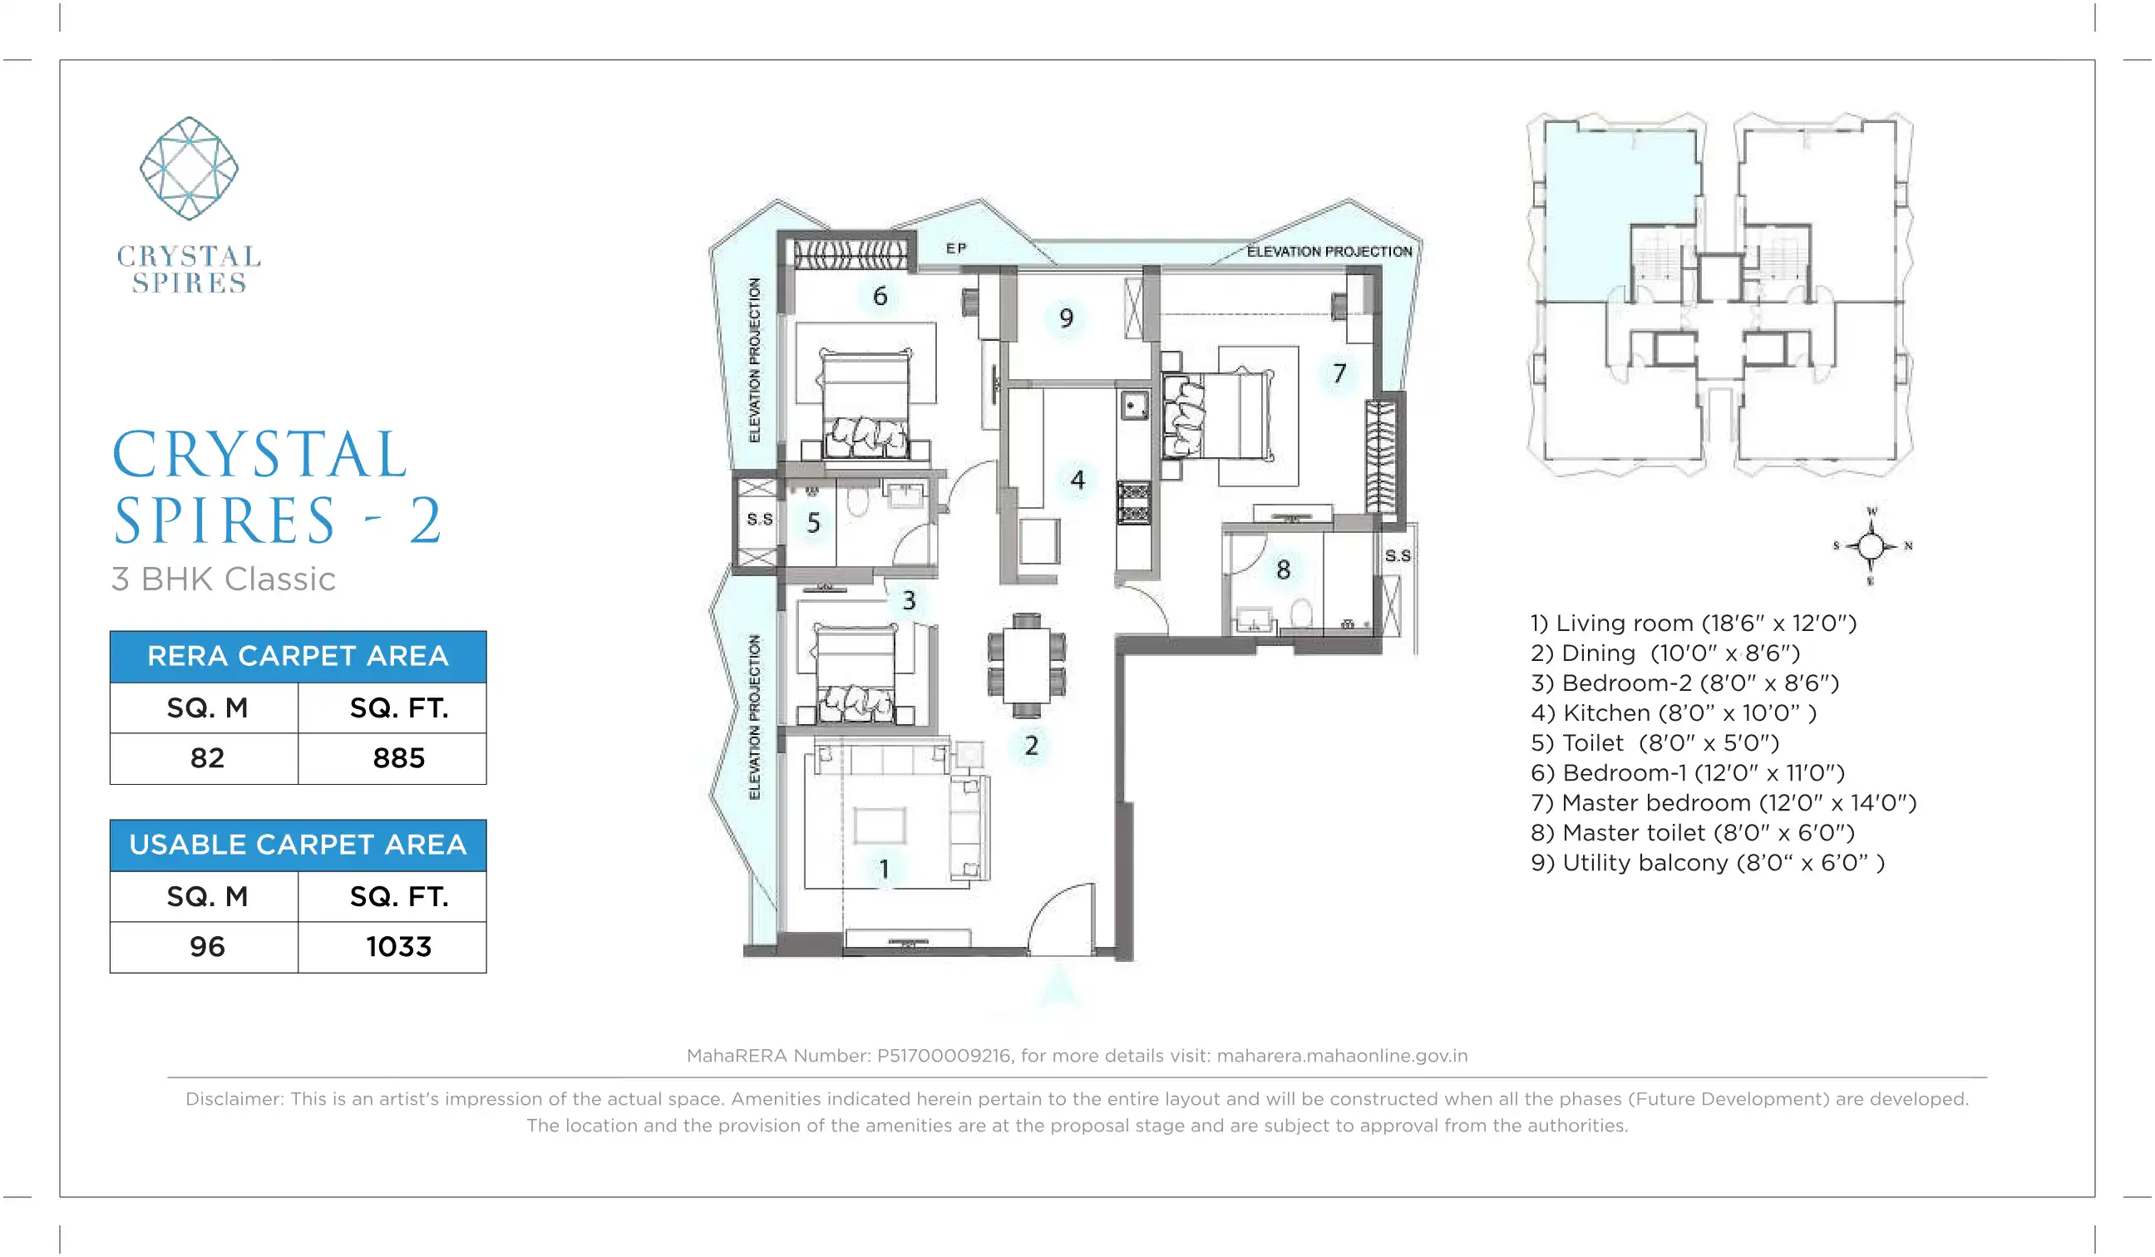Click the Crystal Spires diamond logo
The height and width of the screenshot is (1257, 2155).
click(189, 169)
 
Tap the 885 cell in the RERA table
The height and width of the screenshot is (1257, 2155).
click(398, 758)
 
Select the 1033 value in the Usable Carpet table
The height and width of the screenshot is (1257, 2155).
click(398, 947)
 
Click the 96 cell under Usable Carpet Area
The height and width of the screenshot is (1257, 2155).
click(207, 947)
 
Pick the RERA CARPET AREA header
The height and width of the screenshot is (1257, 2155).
click(298, 656)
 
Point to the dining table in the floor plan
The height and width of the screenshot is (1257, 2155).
click(1026, 665)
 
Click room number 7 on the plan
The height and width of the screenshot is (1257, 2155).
click(1339, 372)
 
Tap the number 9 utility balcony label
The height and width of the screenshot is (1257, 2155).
click(1067, 318)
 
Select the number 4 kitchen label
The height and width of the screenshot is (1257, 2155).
click(1077, 480)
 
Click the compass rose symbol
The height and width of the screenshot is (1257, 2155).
click(1871, 545)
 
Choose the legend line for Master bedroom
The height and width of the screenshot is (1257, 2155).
click(1724, 803)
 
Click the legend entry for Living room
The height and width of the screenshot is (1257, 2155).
click(1694, 624)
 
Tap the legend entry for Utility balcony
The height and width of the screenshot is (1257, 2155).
click(1708, 863)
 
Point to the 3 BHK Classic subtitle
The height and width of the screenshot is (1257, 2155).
click(223, 579)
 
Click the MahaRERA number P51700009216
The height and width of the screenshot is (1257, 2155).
click(944, 1055)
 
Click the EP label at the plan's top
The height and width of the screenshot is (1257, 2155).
click(956, 248)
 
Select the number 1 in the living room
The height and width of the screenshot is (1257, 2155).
click(885, 870)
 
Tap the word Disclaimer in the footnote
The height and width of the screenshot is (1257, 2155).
click(234, 1099)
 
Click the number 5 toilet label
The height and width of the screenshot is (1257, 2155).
click(813, 522)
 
